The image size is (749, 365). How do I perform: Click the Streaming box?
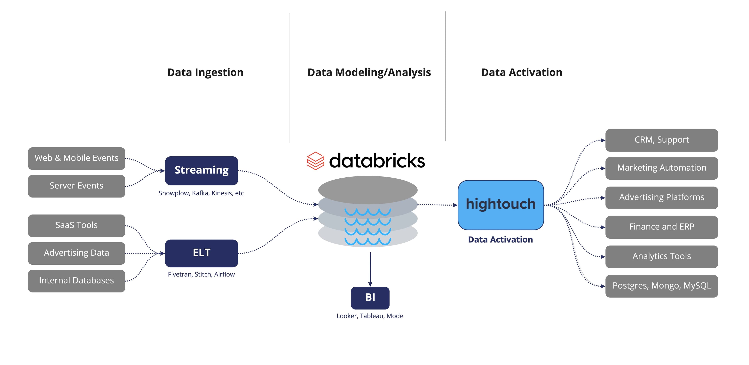(201, 171)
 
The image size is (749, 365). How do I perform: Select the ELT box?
(201, 253)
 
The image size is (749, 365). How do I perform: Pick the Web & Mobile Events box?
(76, 158)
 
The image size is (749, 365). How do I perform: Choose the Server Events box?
(76, 186)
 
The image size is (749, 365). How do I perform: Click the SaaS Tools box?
(76, 226)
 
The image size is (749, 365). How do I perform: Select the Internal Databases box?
(76, 281)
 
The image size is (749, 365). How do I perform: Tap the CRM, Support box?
(661, 140)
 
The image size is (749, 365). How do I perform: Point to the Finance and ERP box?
(661, 227)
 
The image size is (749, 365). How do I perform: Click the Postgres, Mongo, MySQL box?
(661, 286)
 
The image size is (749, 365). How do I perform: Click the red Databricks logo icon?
(315, 161)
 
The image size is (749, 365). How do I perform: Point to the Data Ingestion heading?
(205, 72)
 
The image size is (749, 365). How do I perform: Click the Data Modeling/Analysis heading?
(369, 72)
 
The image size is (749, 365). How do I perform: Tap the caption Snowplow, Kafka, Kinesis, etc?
(201, 193)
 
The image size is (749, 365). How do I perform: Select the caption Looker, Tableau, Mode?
(370, 316)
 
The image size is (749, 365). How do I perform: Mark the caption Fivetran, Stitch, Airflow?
(201, 274)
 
